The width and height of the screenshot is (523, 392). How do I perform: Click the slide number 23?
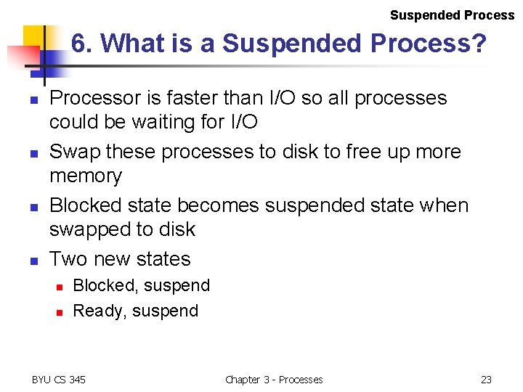pos(486,380)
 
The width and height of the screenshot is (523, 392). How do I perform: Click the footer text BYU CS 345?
pos(58,380)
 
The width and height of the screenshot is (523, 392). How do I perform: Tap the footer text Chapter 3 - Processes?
pos(274,380)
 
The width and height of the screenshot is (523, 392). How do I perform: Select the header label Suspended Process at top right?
pos(452,15)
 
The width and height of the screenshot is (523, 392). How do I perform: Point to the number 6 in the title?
pos(79,44)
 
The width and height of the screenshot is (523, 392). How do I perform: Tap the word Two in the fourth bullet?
pos(68,259)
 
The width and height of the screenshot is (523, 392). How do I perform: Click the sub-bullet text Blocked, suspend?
pos(142,285)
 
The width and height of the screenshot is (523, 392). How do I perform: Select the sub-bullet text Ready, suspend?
pos(136,311)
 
